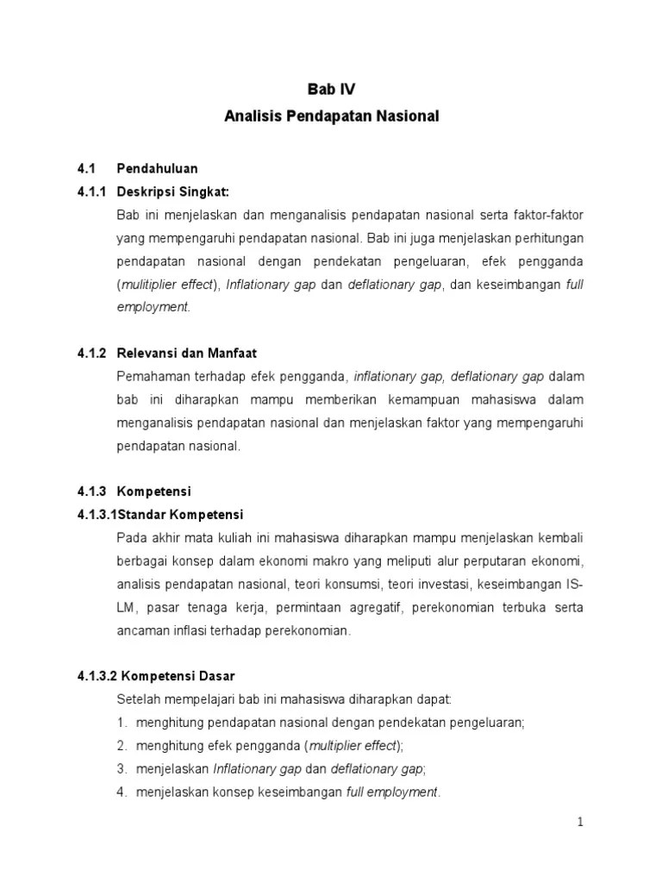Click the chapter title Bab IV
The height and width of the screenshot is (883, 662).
click(331, 89)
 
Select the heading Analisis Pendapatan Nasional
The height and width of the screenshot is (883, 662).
click(331, 116)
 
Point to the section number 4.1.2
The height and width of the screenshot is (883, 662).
click(91, 353)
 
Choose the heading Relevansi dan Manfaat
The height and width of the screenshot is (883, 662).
click(187, 353)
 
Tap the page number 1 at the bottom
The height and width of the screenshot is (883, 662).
click(581, 822)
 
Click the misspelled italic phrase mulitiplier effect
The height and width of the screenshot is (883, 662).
click(167, 285)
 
